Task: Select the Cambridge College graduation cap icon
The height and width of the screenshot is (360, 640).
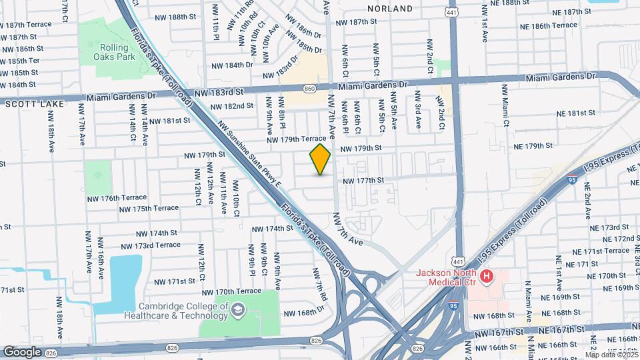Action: click(238, 309)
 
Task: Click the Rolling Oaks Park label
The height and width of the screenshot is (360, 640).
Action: click(118, 52)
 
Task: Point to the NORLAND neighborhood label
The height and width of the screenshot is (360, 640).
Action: click(390, 9)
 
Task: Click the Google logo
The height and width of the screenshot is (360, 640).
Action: click(22, 351)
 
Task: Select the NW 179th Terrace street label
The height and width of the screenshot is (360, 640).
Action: click(296, 139)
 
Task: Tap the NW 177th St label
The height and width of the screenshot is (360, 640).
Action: click(363, 180)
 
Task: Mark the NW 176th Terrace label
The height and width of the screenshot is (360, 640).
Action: click(116, 198)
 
